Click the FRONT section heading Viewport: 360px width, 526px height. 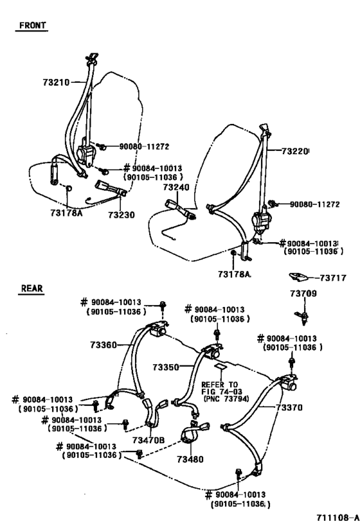tap(32, 26)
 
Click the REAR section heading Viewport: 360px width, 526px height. tap(31, 289)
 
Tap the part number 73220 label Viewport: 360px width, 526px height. tap(296, 152)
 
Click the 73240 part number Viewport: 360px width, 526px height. tap(175, 188)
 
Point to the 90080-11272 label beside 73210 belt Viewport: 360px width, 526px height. tap(142, 146)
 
